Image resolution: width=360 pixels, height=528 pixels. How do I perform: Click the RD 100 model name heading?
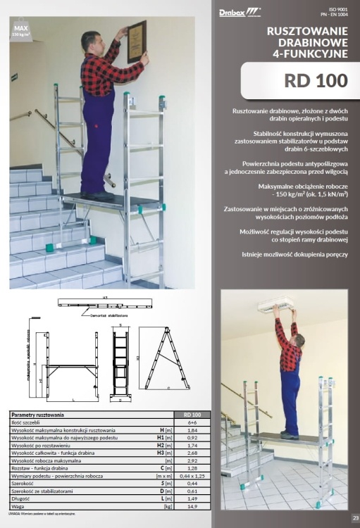(x=316, y=80)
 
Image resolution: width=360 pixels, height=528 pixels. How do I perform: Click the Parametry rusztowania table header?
(x=39, y=414)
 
